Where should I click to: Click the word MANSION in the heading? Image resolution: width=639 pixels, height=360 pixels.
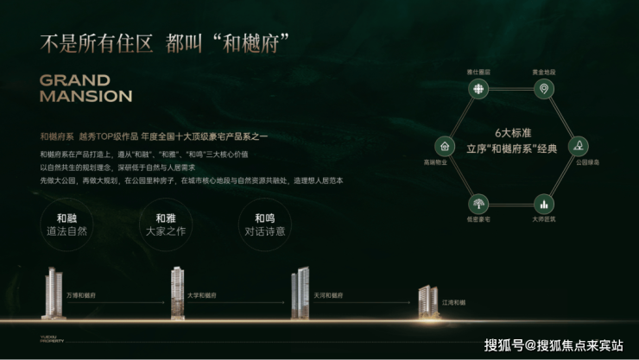(x=85, y=96)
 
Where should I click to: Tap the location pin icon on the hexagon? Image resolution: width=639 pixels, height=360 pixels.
(x=543, y=89)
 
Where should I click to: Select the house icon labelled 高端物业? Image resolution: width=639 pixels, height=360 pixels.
(x=444, y=146)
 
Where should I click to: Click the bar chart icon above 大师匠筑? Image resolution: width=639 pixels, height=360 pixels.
(x=543, y=204)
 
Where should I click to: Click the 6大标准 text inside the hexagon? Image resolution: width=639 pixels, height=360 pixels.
(x=509, y=133)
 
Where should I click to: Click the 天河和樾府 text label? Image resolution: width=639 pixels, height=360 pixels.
(x=328, y=295)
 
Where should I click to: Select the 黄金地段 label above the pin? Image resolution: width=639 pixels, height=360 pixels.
(x=543, y=72)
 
